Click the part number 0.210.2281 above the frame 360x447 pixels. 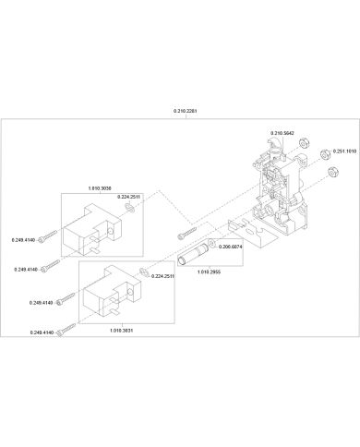tap(185, 111)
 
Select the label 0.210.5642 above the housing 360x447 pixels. tap(282, 133)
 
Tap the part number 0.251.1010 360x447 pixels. tap(344, 151)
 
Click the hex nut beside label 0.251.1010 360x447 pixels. tap(324, 153)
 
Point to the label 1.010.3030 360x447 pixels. tap(100, 188)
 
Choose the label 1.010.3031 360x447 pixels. tap(122, 331)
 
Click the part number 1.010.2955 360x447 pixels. tap(209, 272)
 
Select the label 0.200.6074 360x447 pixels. tap(230, 247)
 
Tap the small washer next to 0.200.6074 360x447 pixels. tap(211, 244)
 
